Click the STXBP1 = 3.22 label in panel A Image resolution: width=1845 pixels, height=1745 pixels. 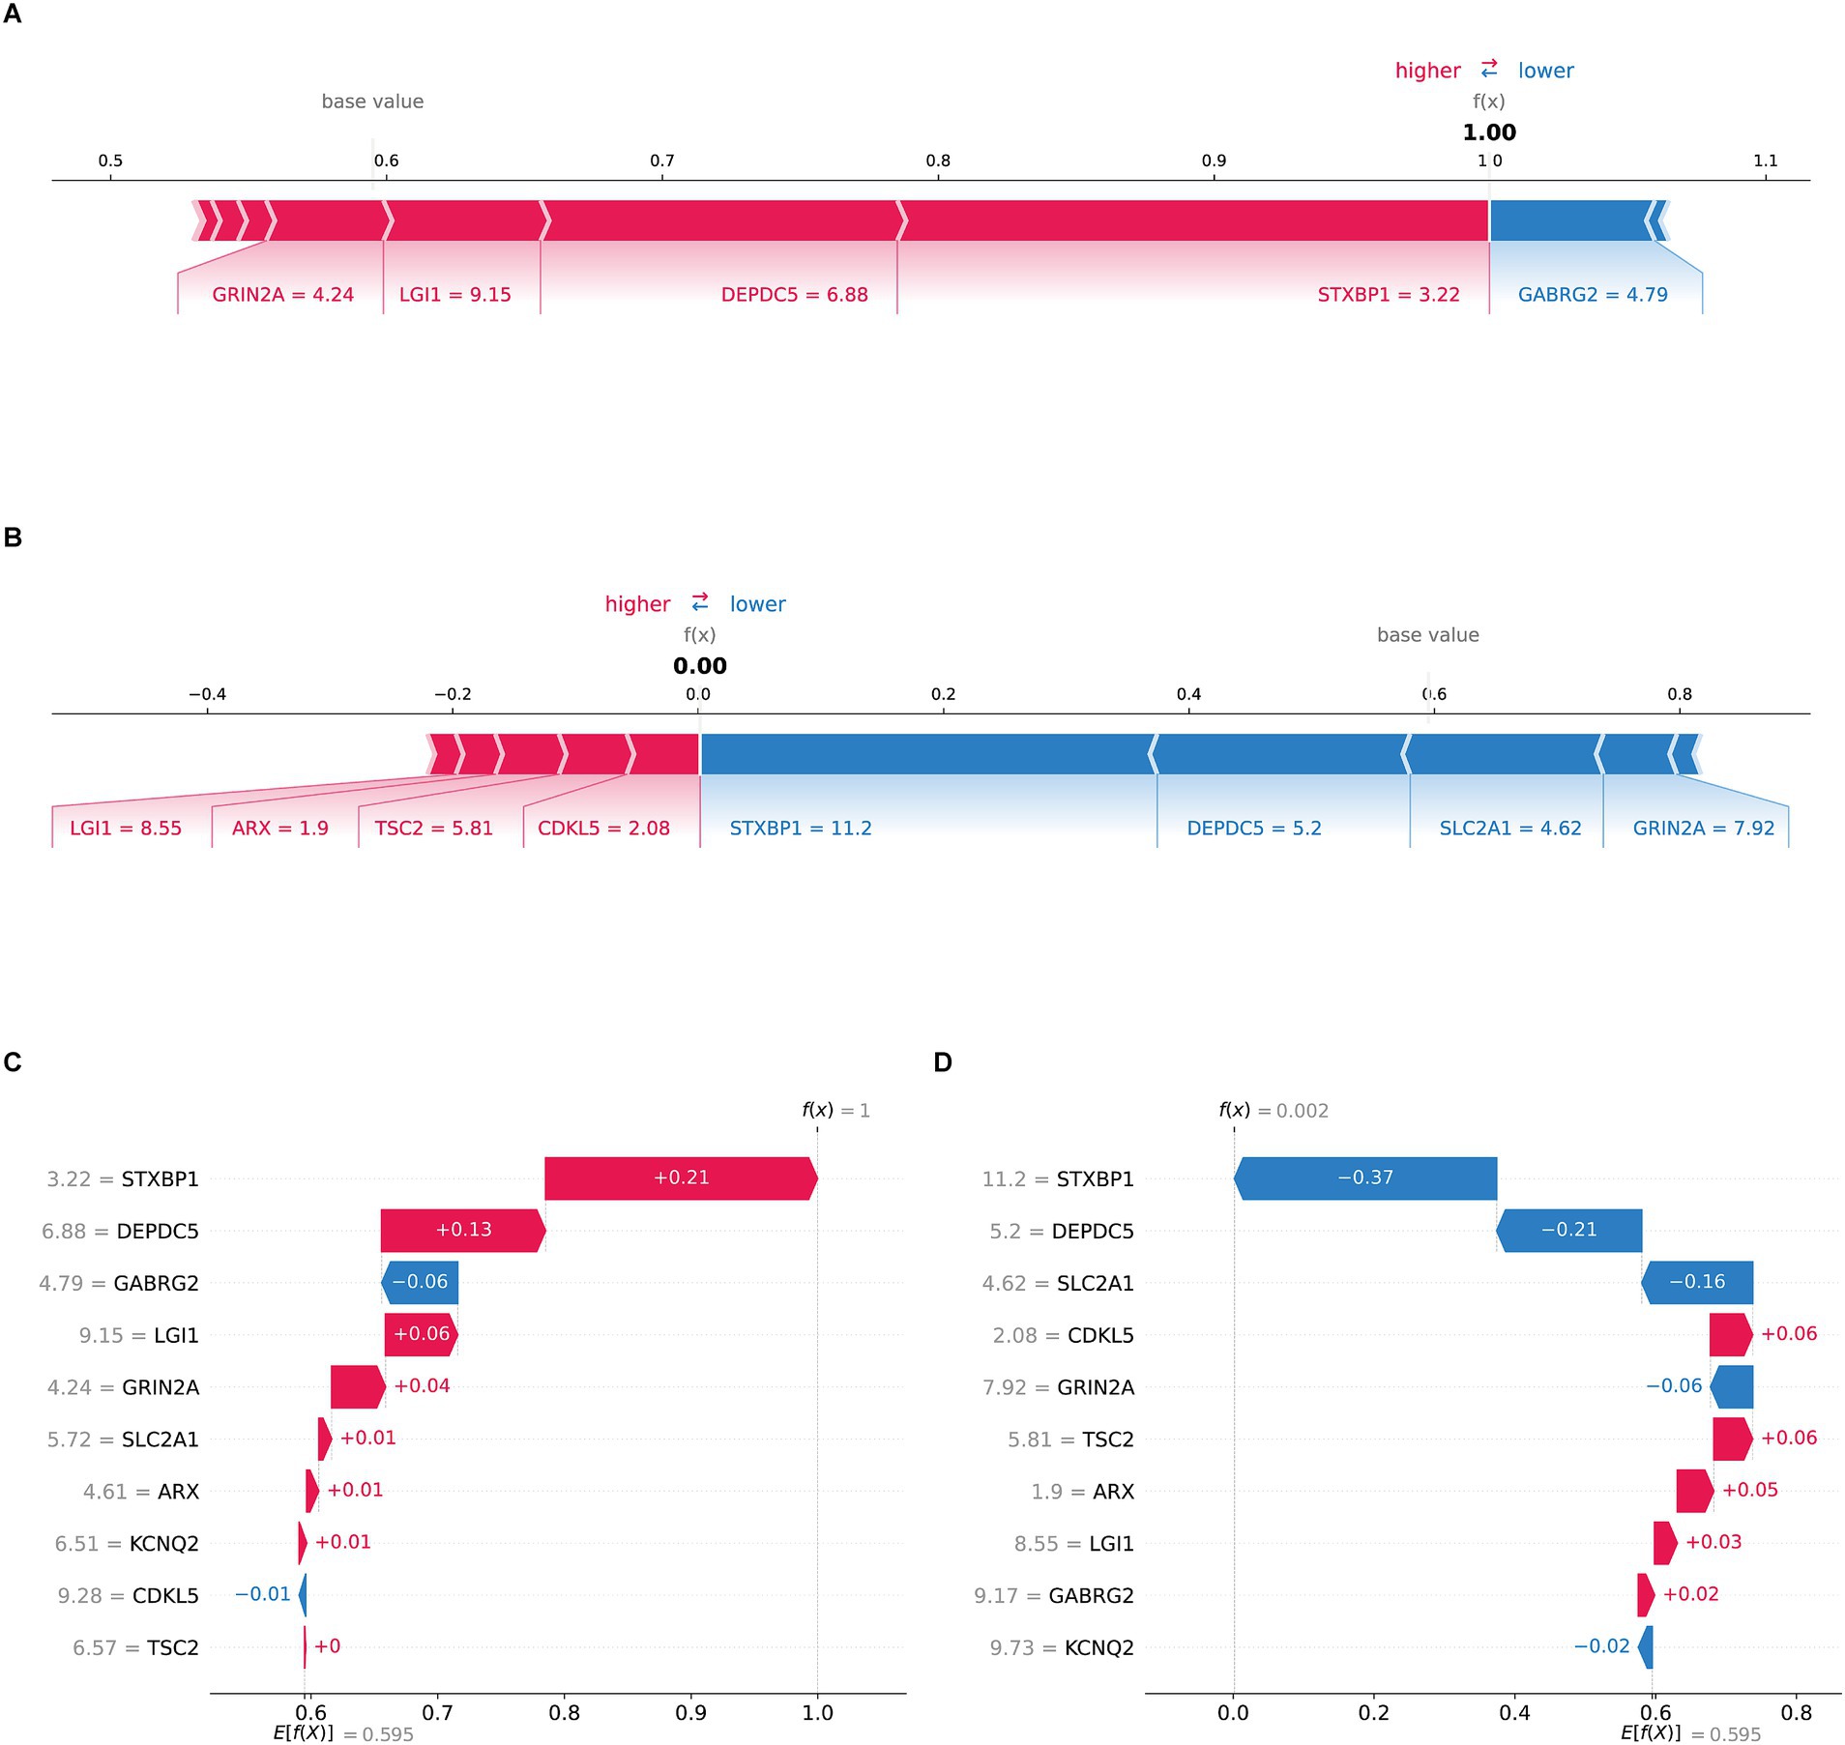pos(1388,295)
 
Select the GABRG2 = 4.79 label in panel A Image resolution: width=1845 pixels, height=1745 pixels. pos(1593,295)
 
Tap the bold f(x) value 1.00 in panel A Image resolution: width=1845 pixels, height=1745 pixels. pos(1489,132)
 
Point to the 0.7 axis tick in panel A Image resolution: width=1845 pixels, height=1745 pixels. pos(662,160)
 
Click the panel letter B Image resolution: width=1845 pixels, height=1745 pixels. pos(13,538)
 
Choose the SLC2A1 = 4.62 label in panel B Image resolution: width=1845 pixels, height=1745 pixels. pos(1509,829)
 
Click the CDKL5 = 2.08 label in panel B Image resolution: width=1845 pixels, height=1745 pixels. pos(603,829)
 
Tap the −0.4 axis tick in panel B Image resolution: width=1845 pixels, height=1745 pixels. pos(207,694)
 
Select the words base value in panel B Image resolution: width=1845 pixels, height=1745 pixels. pos(1427,635)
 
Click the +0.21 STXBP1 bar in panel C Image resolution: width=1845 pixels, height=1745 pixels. pos(681,1178)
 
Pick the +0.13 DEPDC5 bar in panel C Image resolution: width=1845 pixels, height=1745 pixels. pos(463,1230)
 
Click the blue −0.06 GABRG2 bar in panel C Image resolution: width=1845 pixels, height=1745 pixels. pos(420,1282)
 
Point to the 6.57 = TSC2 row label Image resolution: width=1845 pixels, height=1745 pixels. pos(135,1647)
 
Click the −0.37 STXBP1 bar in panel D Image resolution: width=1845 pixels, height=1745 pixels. pos(1364,1178)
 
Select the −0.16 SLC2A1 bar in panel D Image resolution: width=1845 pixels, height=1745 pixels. pos(1697,1282)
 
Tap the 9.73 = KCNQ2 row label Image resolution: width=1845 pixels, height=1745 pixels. pos(1061,1647)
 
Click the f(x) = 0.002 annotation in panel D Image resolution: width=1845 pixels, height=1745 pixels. pos(1273,1111)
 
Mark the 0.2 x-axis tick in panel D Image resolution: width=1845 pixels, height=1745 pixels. pos(1373,1713)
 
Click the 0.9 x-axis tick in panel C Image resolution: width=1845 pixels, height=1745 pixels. pos(690,1713)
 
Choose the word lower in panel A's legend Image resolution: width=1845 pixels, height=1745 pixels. pos(1545,71)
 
